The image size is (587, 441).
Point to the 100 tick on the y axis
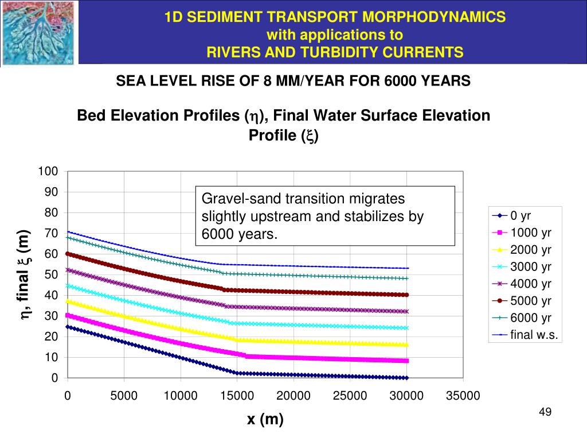tap(48, 172)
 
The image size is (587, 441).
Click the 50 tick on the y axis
tap(52, 275)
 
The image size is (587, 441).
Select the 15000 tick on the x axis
tap(237, 396)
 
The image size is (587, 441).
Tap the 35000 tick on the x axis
tap(463, 396)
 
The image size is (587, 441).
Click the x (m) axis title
tap(265, 420)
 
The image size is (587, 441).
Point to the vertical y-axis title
tap(25, 274)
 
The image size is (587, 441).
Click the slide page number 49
tap(545, 412)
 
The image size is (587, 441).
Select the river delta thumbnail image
tap(38, 33)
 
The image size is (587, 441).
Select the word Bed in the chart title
tap(90, 115)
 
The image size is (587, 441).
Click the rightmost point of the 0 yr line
tap(406, 378)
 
